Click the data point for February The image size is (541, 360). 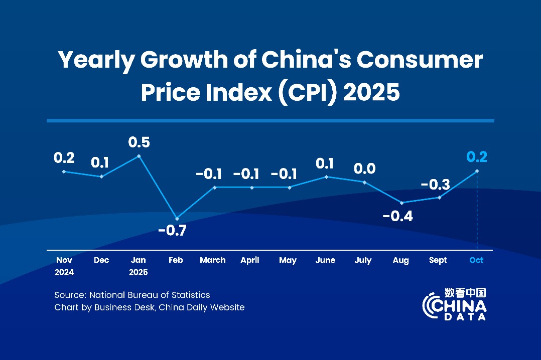tap(177, 219)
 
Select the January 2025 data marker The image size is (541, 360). tap(139, 156)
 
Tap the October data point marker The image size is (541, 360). tap(477, 171)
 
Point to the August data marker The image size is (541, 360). tap(401, 203)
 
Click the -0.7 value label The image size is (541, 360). tap(172, 231)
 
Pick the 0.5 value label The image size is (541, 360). tap(139, 142)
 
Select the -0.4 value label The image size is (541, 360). tap(397, 217)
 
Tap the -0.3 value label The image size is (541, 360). tap(435, 184)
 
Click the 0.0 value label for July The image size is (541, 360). tap(364, 169)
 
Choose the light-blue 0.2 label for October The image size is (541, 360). tap(477, 157)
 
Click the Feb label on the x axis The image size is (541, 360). tap(176, 260)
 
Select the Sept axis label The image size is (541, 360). tap(438, 260)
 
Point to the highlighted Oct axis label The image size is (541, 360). tap(476, 260)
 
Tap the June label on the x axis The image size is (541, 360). tap(326, 260)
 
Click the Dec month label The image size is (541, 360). tap(102, 260)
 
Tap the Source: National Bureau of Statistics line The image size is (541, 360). tap(132, 295)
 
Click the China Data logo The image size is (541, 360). tap(455, 304)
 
